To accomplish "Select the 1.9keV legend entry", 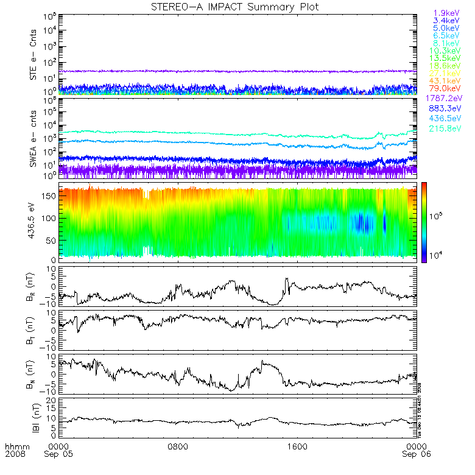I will click(x=446, y=13).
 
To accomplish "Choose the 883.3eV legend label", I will click(x=447, y=108).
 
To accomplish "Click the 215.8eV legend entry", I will click(x=447, y=129).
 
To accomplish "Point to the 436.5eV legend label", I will click(x=447, y=119).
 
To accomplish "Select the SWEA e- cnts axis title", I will click(x=35, y=138).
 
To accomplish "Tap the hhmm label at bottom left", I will click(x=13, y=446).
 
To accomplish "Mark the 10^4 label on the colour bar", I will click(x=439, y=253).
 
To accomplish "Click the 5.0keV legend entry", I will click(x=446, y=28).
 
